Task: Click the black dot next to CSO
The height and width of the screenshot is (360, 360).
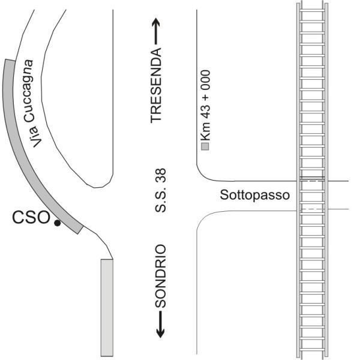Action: point(57,223)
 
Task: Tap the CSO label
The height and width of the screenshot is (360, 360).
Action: point(31,217)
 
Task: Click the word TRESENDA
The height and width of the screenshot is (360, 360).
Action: point(157,86)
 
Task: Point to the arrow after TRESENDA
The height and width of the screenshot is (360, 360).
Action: point(157,29)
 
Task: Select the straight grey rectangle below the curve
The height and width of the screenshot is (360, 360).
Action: point(107,307)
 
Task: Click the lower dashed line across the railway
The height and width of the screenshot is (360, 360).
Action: point(312,208)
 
